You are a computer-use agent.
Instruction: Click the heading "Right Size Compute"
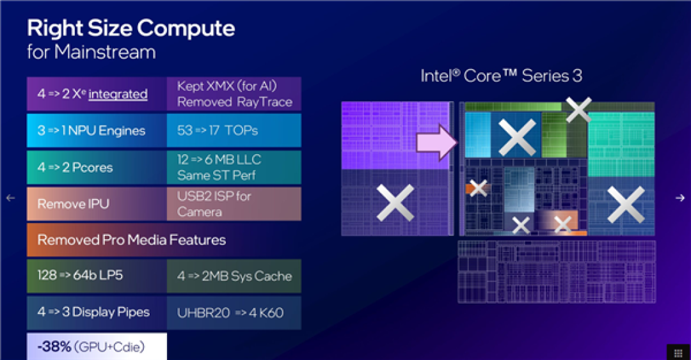(x=131, y=29)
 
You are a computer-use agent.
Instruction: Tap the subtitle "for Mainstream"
(x=91, y=52)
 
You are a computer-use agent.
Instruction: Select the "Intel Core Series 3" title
(x=501, y=76)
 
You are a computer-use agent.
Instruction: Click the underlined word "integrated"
(x=118, y=94)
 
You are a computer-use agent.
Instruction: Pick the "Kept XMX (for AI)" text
(x=227, y=86)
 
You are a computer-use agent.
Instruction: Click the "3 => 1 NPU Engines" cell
(x=97, y=130)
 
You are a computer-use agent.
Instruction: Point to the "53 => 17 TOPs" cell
(x=234, y=130)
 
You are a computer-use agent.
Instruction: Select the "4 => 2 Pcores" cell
(x=97, y=168)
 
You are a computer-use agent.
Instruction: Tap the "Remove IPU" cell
(x=97, y=204)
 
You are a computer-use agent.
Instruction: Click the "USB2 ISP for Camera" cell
(x=234, y=204)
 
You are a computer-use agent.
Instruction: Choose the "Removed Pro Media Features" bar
(x=164, y=240)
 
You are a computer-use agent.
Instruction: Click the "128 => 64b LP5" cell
(x=97, y=276)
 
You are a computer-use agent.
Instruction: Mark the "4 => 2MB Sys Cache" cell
(x=234, y=276)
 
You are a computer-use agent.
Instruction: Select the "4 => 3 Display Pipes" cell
(x=97, y=313)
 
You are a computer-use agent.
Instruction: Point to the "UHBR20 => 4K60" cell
(x=234, y=313)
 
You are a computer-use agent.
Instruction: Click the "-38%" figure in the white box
(x=54, y=347)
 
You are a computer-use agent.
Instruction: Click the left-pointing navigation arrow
(x=11, y=198)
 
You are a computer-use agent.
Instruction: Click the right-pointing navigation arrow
(x=680, y=198)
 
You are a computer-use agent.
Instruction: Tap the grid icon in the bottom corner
(x=678, y=352)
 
